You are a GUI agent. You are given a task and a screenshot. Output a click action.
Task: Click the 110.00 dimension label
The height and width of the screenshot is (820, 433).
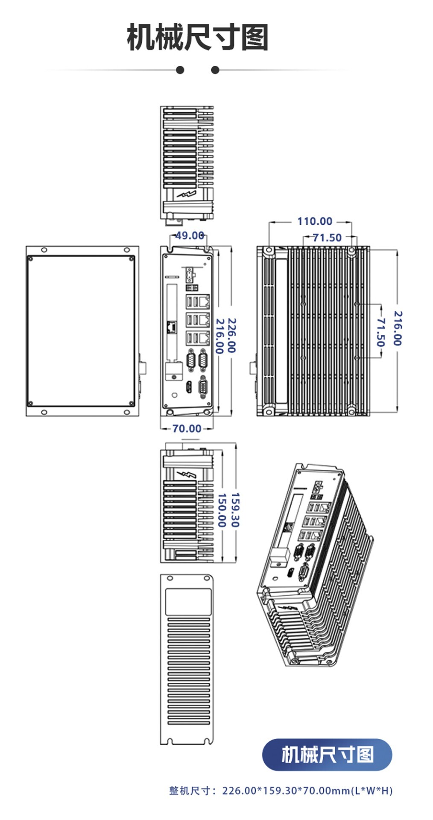click(x=315, y=221)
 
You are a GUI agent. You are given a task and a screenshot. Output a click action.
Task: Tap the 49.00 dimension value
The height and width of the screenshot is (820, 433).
click(x=190, y=235)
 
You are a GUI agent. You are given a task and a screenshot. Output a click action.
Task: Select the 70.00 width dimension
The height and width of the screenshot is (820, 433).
click(x=187, y=428)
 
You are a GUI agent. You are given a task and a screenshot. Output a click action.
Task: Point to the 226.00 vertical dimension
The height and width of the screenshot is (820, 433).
click(x=231, y=335)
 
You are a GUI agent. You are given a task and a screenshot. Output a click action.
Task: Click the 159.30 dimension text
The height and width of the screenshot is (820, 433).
click(x=235, y=510)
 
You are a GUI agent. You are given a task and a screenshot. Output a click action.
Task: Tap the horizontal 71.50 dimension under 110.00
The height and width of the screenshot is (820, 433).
click(x=327, y=237)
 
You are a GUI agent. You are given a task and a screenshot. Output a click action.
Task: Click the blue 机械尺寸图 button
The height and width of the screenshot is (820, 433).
click(x=327, y=755)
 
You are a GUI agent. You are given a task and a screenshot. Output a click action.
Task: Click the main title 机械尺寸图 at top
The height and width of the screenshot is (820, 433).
click(x=198, y=38)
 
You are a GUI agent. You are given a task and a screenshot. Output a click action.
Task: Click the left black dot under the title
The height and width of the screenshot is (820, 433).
click(x=180, y=70)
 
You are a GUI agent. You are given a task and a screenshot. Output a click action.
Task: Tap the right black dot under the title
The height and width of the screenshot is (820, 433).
click(x=215, y=70)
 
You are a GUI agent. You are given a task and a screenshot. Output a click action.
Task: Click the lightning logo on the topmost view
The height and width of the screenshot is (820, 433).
click(x=187, y=195)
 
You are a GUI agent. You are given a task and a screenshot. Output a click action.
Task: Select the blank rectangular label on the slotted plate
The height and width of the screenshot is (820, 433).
click(x=188, y=602)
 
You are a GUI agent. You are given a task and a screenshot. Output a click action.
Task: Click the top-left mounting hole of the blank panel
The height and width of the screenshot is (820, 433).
click(x=44, y=250)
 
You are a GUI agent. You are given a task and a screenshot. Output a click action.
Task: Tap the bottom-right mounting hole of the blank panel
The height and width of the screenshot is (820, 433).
click(x=126, y=412)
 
